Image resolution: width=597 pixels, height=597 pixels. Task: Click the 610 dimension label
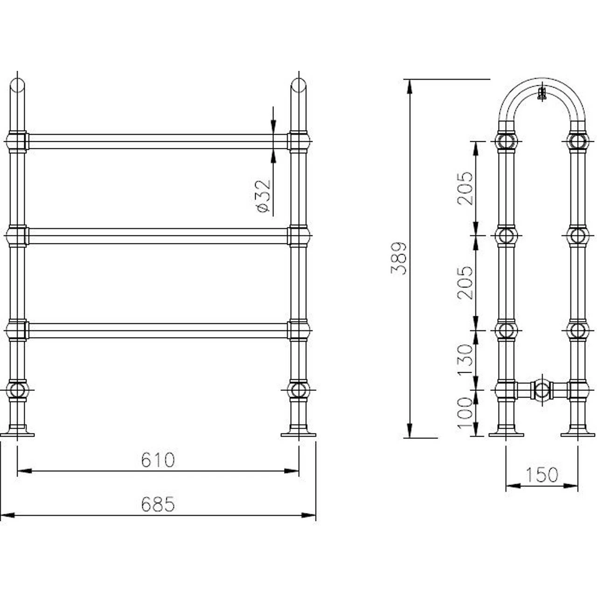158,460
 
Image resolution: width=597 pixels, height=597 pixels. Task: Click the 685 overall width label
158,504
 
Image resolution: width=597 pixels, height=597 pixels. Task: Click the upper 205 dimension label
465,188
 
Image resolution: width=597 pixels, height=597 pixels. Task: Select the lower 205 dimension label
465,282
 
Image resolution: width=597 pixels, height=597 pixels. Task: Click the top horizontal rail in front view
158,142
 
